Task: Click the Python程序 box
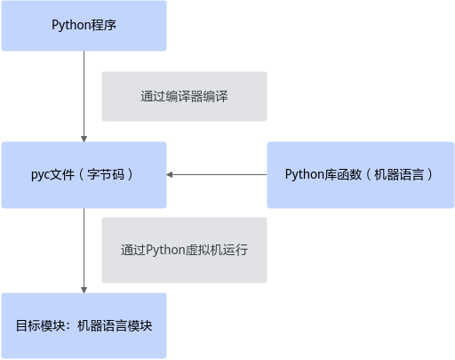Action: click(84, 26)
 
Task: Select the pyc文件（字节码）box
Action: click(84, 175)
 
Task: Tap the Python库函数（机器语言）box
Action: click(361, 175)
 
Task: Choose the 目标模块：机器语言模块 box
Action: click(84, 325)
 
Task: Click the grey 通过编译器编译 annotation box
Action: click(184, 96)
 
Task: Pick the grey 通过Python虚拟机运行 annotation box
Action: click(184, 250)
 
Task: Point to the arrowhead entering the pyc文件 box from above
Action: click(84, 139)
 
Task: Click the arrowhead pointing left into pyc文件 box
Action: click(170, 175)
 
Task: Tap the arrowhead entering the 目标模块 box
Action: click(84, 290)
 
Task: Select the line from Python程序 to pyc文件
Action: click(84, 96)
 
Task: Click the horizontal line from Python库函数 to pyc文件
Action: click(217, 175)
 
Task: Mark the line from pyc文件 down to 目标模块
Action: click(84, 251)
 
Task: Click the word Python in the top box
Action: click(71, 25)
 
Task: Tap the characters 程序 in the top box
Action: click(103, 25)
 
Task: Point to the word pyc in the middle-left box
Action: click(40, 175)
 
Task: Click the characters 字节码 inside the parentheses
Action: click(106, 174)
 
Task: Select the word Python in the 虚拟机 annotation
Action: click(165, 250)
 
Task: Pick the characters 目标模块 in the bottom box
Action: click(40, 325)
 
